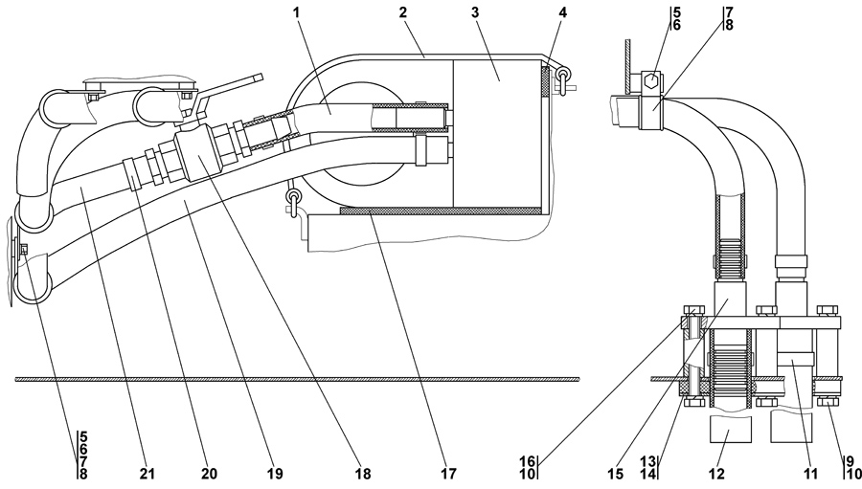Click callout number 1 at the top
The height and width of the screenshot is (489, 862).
click(297, 12)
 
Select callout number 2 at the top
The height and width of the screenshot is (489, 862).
click(403, 12)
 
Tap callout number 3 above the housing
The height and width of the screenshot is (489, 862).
click(475, 12)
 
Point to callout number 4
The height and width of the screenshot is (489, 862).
click(563, 12)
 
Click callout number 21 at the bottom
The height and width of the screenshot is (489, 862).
click(147, 473)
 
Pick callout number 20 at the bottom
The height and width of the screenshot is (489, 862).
click(209, 473)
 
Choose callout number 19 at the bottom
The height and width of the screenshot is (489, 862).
click(275, 473)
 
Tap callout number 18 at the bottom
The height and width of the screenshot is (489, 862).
click(363, 473)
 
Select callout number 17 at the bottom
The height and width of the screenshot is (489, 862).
click(448, 473)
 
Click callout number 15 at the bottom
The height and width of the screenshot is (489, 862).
click(616, 473)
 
